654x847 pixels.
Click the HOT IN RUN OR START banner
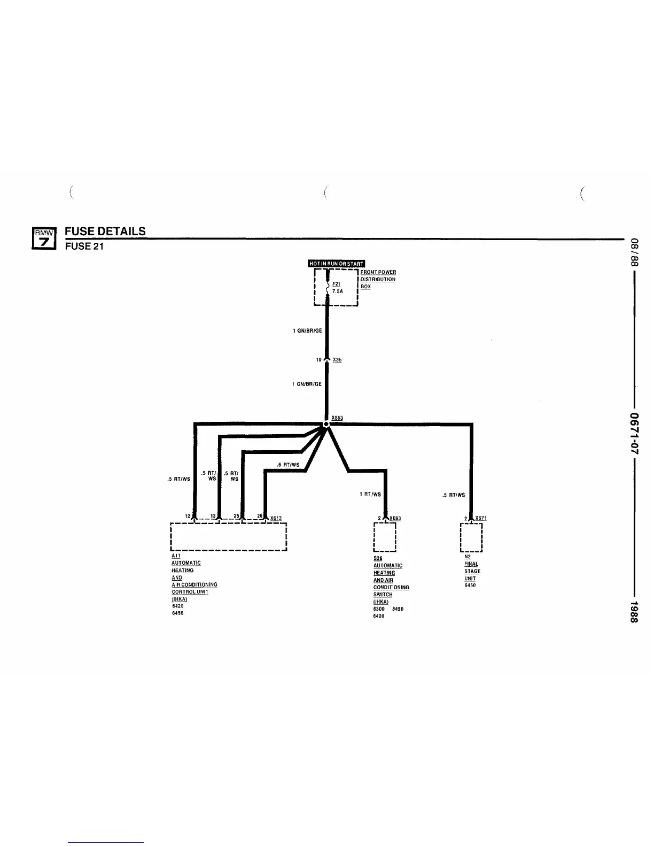[x=336, y=263]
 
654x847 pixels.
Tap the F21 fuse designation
[x=336, y=284]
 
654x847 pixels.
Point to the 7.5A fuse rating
[x=337, y=291]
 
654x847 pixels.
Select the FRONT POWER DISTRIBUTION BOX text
[x=378, y=279]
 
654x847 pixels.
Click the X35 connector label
[x=337, y=360]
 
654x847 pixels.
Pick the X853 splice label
[x=337, y=418]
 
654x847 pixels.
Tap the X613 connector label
[x=276, y=518]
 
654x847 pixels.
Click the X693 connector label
[x=395, y=518]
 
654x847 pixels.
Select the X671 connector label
[x=480, y=518]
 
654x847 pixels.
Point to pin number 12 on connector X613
[x=188, y=515]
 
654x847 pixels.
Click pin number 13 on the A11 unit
[x=213, y=515]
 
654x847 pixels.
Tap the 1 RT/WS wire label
[x=370, y=494]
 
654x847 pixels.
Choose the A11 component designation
[x=176, y=556]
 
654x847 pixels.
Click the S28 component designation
[x=378, y=558]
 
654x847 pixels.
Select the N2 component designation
[x=468, y=557]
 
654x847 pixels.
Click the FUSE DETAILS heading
[x=105, y=231]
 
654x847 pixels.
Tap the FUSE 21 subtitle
[x=84, y=246]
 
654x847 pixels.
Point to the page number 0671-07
[x=635, y=433]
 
